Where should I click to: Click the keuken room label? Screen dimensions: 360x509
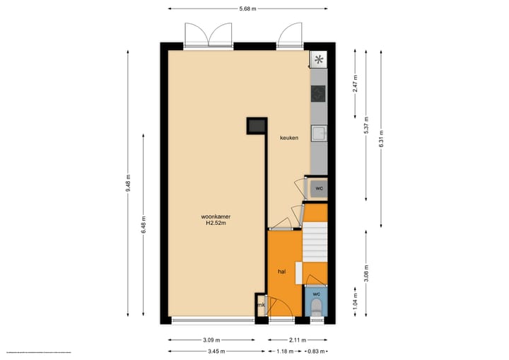[289, 139]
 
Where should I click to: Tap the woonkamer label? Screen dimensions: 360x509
[216, 216]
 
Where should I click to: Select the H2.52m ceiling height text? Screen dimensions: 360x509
[216, 224]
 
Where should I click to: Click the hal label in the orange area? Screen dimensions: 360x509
[281, 270]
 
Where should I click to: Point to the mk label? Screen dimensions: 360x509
[261, 305]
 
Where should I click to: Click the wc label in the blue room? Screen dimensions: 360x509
[317, 293]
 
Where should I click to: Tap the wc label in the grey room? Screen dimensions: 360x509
[320, 188]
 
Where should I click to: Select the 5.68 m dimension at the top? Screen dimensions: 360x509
[247, 8]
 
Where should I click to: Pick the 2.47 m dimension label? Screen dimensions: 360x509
[356, 86]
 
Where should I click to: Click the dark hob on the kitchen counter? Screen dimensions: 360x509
[318, 93]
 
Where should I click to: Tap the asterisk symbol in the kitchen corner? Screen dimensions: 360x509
[319, 59]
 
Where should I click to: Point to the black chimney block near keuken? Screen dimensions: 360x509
[256, 126]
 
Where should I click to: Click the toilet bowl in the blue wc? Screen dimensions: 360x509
[317, 307]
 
